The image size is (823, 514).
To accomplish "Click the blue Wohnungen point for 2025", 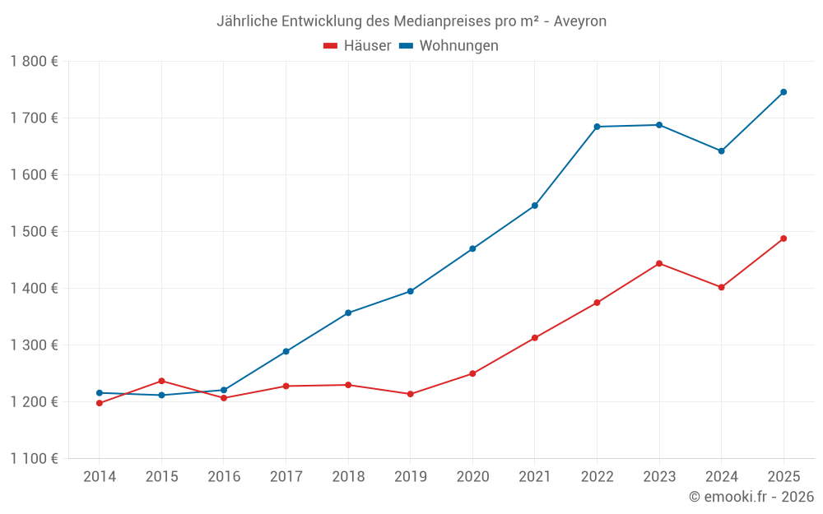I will (x=783, y=92).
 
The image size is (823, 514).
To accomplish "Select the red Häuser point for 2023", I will (x=659, y=263).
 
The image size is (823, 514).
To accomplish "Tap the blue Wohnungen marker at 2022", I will (x=597, y=127).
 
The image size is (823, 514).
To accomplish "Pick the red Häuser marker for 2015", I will (x=161, y=381).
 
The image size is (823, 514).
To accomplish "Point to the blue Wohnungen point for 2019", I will (x=411, y=291).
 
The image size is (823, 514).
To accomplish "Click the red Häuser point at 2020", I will (x=472, y=373).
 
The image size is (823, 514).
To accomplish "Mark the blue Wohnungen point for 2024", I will (x=722, y=150).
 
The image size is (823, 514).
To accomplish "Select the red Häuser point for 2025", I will (x=783, y=238).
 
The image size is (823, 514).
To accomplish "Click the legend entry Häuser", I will (x=357, y=46).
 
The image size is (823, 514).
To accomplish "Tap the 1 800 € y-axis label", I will (x=34, y=61).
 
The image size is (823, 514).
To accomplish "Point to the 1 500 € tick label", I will (x=34, y=231).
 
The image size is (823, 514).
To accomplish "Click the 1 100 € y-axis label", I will (x=34, y=458).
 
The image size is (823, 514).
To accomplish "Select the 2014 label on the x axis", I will (x=99, y=477).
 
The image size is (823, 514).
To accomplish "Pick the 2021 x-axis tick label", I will (x=535, y=477).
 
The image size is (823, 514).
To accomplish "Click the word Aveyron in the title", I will (x=580, y=21).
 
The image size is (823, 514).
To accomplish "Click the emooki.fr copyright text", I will (x=751, y=497).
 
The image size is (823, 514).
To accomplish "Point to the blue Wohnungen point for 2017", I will (x=286, y=351).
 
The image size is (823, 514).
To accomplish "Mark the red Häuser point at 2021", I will (x=535, y=338).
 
